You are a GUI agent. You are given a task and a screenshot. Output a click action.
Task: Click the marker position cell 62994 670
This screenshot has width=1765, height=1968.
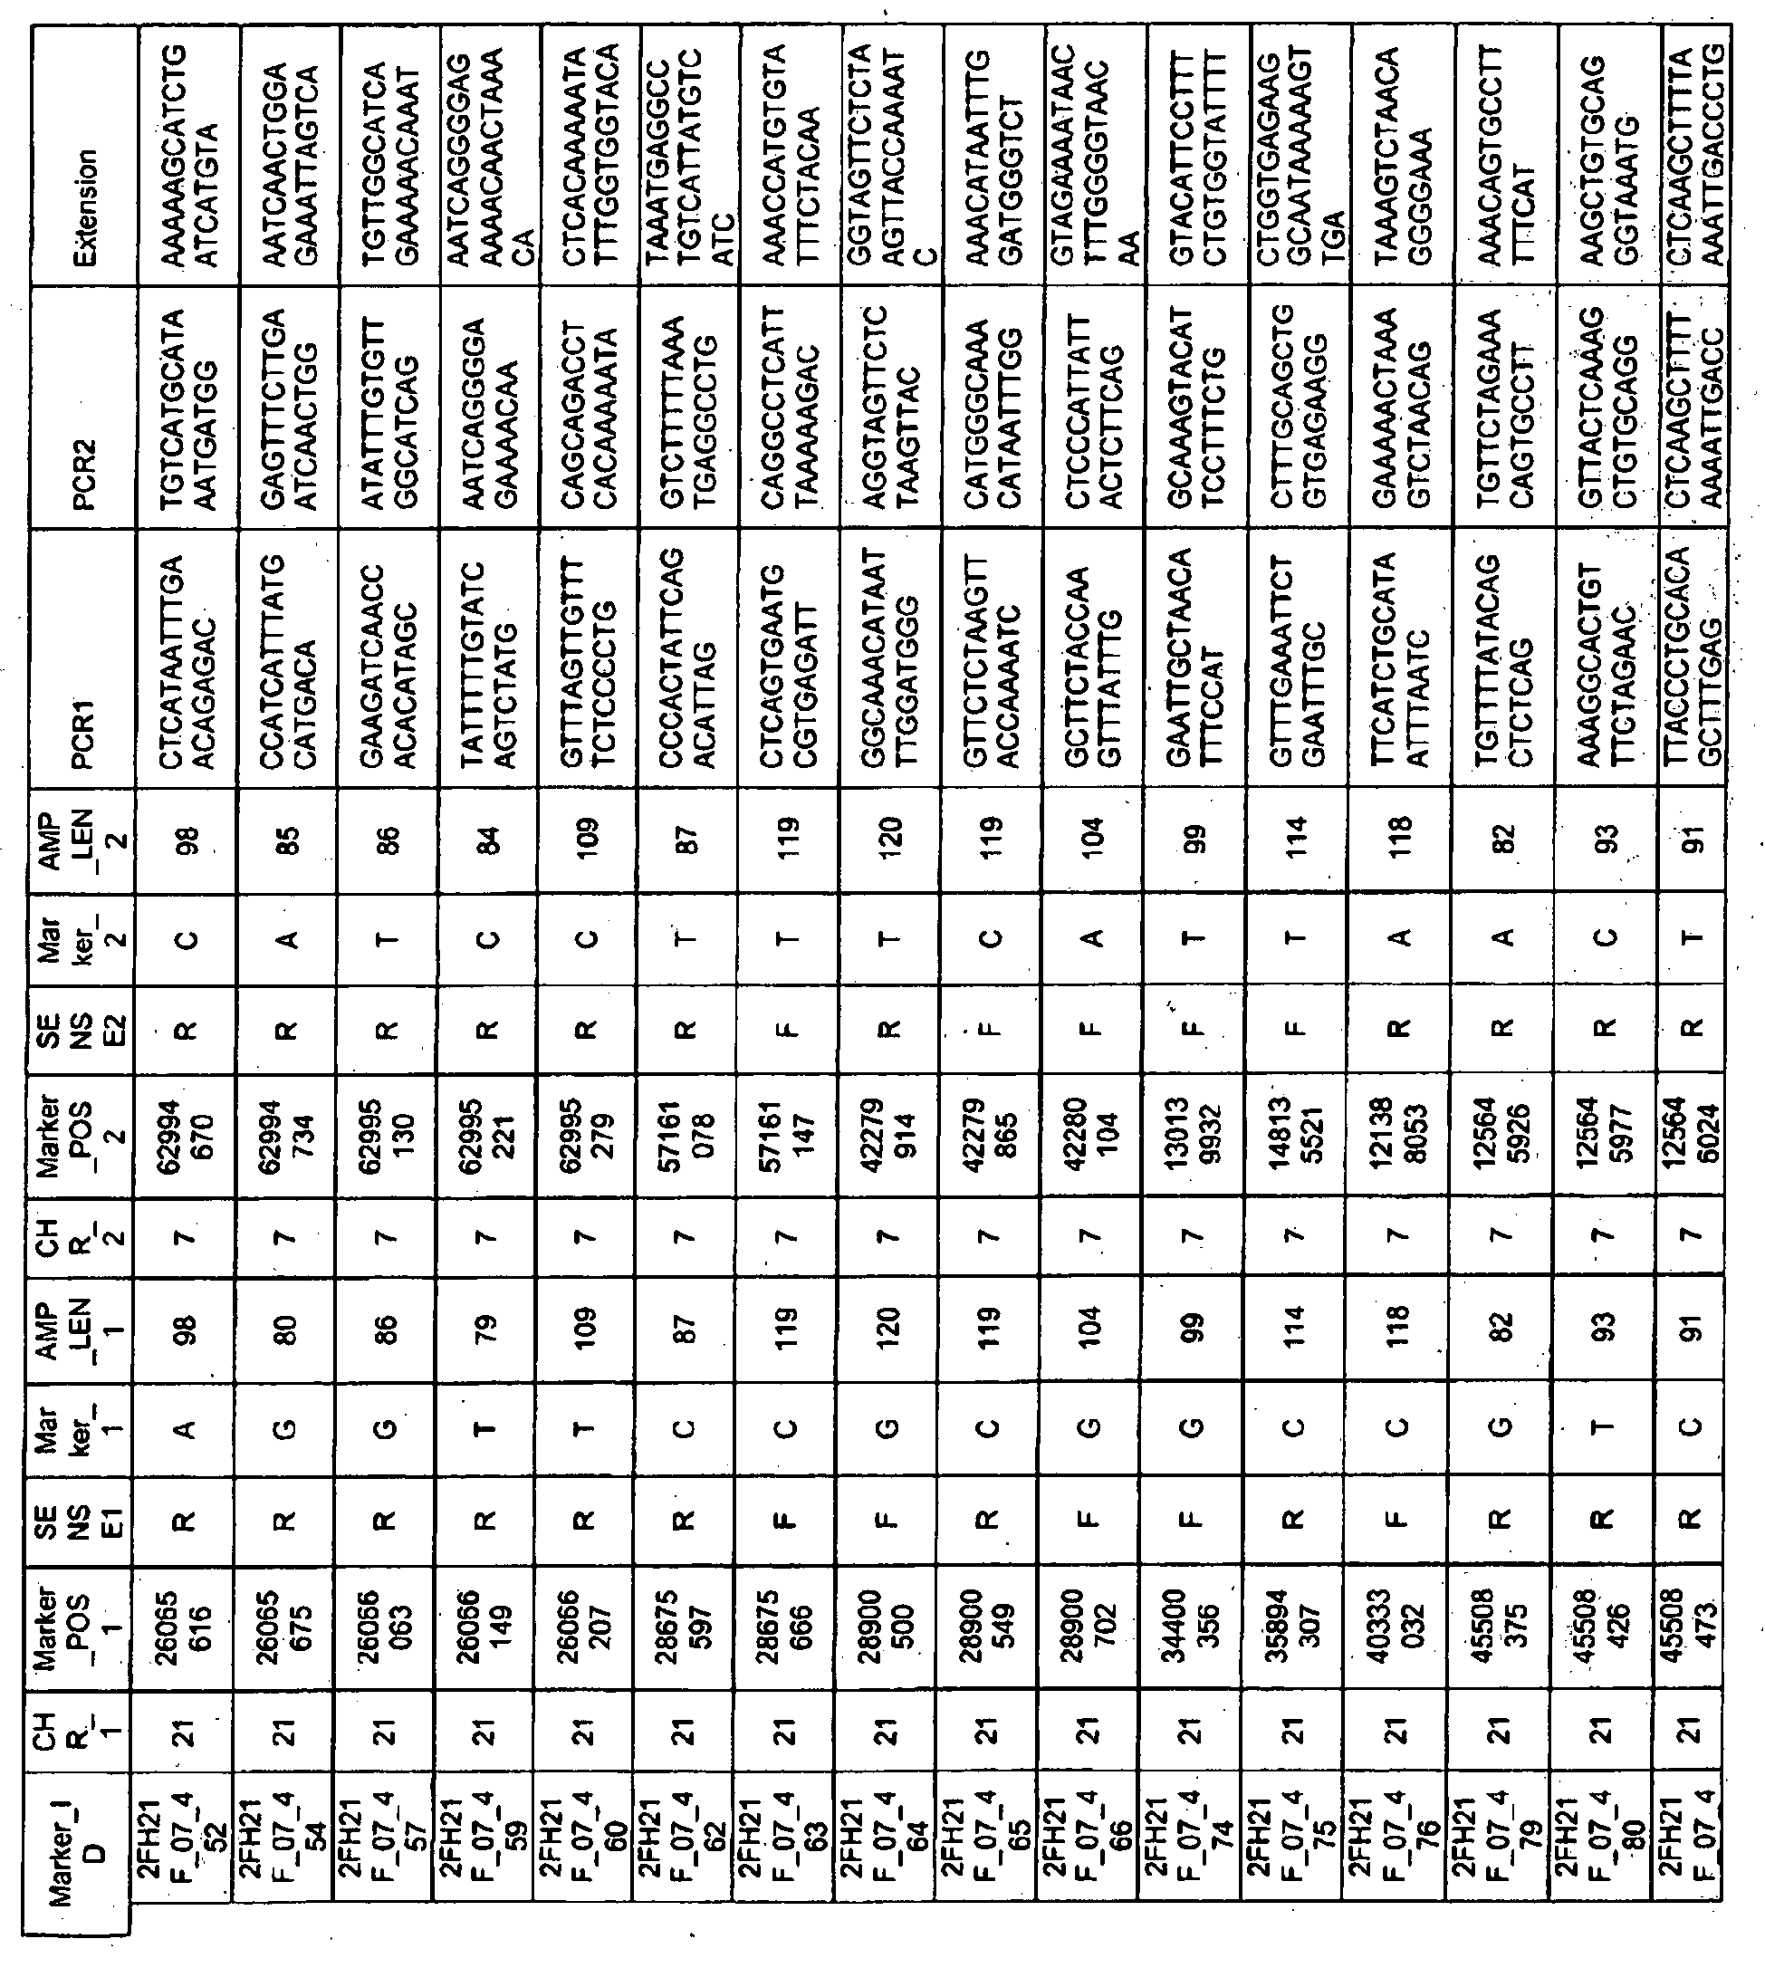pyautogui.click(x=187, y=1131)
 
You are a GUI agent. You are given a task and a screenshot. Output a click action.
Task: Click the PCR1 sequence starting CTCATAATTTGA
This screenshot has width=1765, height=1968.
pyautogui.click(x=187, y=660)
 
